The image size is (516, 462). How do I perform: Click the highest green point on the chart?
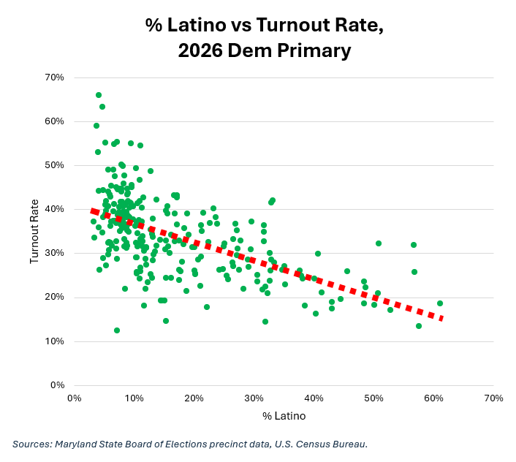coord(99,95)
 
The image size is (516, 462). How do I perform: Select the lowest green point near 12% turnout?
coord(117,330)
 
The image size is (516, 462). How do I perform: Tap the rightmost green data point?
coord(440,303)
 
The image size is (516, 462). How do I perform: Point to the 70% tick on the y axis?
coord(55,77)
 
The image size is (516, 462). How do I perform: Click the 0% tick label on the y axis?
coord(58,385)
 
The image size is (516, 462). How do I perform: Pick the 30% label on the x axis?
coord(254,398)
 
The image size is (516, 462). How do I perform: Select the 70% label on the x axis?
coord(493,398)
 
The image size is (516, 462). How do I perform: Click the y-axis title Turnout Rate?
coord(34,231)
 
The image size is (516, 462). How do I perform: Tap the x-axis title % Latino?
coord(284,416)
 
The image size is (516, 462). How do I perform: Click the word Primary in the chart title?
coord(314,51)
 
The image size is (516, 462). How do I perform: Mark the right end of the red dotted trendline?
coord(443,318)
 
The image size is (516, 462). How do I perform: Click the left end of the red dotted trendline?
coord(91,211)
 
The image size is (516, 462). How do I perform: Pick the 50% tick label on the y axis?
coord(55,165)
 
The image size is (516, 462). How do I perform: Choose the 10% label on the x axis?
coord(134,398)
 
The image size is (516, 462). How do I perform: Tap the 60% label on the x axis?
coord(433,398)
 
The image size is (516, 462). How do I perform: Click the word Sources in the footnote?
coord(32,444)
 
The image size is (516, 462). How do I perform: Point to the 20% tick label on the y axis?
coord(55,297)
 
